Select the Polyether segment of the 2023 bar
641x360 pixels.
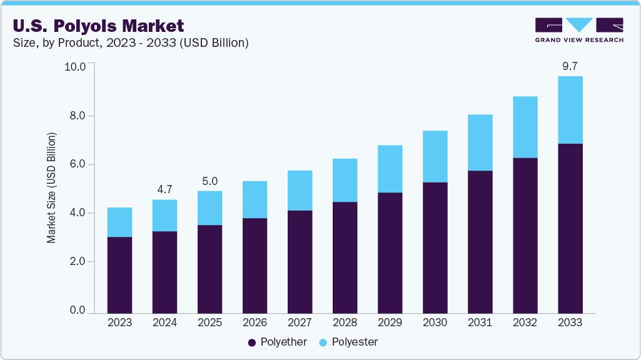coord(119,275)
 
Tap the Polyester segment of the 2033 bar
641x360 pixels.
coord(570,110)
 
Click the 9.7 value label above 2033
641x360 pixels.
coord(570,66)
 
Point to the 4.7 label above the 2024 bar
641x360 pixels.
coord(164,189)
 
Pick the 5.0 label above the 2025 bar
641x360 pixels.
coord(209,181)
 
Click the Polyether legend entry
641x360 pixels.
coord(278,342)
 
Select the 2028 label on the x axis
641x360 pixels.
coord(345,322)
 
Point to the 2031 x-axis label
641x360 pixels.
coord(480,322)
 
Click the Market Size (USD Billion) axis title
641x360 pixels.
coord(52,187)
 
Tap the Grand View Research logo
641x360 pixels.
coord(578,29)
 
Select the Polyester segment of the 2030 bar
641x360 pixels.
coord(435,156)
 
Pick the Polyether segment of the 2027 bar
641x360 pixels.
coord(300,261)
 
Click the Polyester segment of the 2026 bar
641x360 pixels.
coord(255,199)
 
